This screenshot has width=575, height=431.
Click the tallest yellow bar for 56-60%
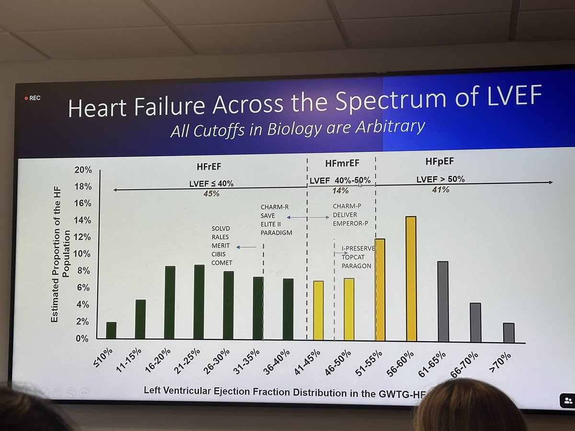click(x=411, y=279)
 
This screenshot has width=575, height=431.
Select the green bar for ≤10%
click(x=111, y=330)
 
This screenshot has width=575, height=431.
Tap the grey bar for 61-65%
click(x=443, y=302)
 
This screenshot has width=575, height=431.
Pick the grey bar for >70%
click(x=509, y=333)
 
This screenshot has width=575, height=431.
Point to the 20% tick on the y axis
click(x=83, y=170)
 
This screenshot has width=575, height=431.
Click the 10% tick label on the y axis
click(x=83, y=254)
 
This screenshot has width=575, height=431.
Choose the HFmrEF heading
click(x=342, y=163)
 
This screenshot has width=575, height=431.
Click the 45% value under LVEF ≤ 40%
click(x=211, y=193)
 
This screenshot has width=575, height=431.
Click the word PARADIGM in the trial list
click(x=276, y=233)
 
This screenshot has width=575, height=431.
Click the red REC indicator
click(x=33, y=98)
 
